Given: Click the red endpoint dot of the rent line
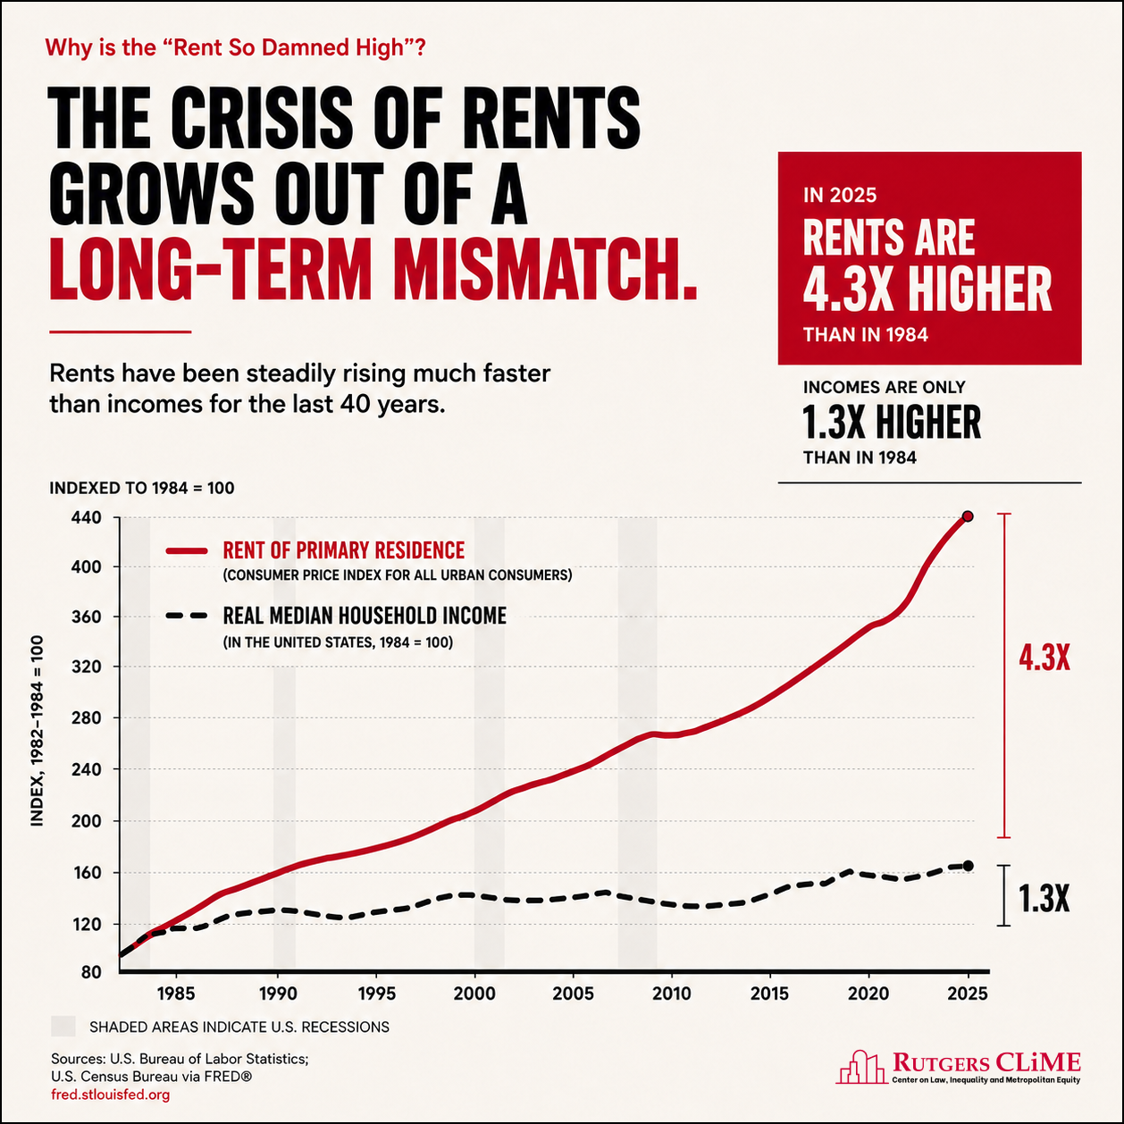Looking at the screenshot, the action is click(968, 516).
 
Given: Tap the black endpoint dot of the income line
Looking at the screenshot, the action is click(968, 866).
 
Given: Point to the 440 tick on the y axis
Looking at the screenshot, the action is click(87, 518).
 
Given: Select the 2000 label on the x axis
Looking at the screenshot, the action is click(474, 994).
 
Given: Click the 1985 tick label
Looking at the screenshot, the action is click(176, 994).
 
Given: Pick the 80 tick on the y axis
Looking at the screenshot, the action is click(91, 972).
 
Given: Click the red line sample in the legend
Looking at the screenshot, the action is click(187, 551).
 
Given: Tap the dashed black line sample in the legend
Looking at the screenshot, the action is click(187, 616).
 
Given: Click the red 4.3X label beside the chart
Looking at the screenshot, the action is click(1044, 659).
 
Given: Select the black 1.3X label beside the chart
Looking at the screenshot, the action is click(1044, 898).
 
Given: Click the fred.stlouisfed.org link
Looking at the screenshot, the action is click(111, 1095).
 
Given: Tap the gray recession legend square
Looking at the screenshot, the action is click(63, 1027).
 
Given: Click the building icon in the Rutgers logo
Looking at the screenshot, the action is click(861, 1068).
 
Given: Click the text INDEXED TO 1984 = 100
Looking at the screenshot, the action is click(142, 488).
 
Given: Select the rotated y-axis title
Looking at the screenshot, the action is click(37, 730).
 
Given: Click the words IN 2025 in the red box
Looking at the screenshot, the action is click(839, 196).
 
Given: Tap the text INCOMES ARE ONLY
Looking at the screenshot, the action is click(884, 387).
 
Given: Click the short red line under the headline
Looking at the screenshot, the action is click(121, 331).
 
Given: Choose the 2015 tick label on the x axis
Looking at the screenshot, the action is click(769, 994).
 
